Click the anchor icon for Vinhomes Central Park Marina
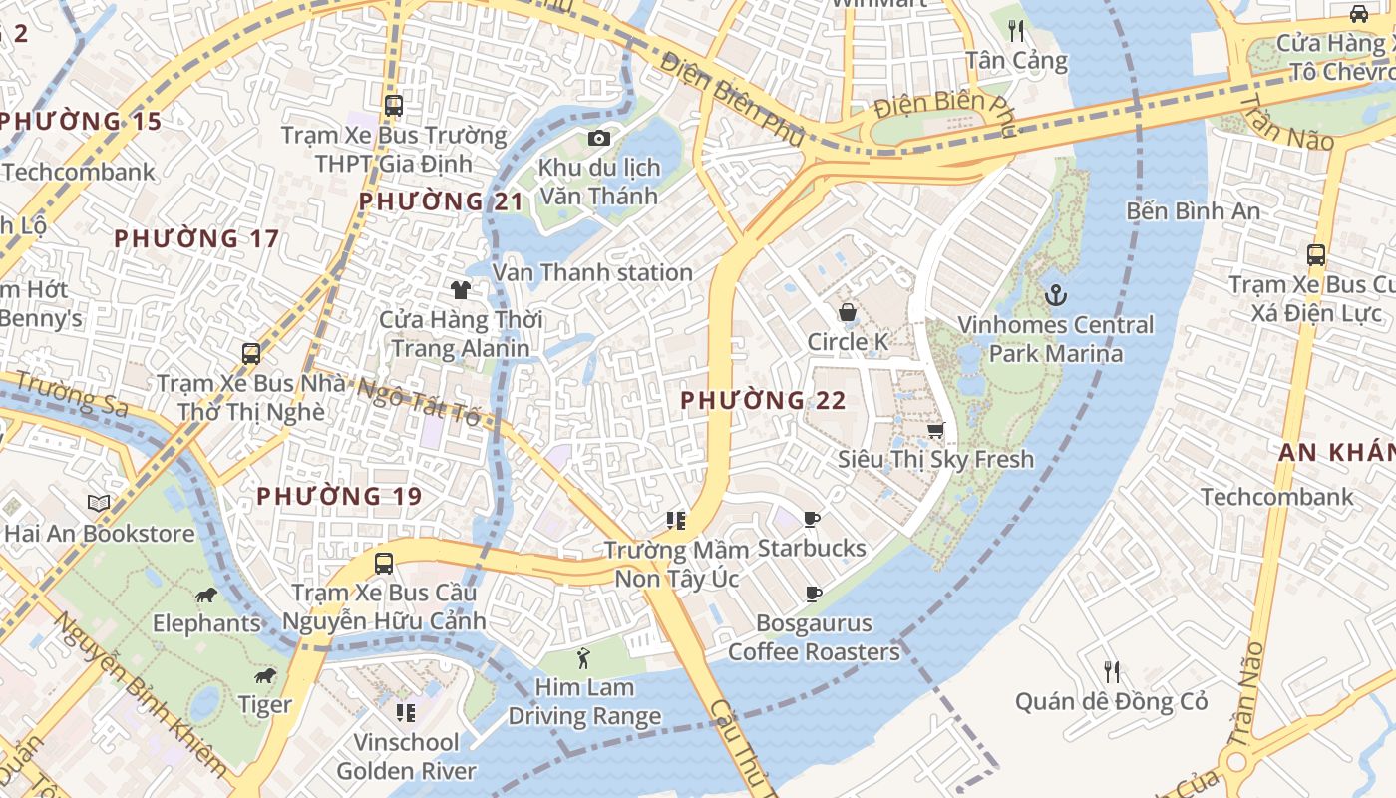pyautogui.click(x=1055, y=295)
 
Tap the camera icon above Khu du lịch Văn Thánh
pyautogui.click(x=598, y=138)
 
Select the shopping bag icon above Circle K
pyautogui.click(x=847, y=312)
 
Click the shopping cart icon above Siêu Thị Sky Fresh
pyautogui.click(x=935, y=430)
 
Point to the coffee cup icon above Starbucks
pyautogui.click(x=812, y=519)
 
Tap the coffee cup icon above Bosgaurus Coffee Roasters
pyautogui.click(x=814, y=595)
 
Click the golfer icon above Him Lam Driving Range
pyautogui.click(x=584, y=658)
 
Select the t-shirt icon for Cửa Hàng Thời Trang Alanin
pyautogui.click(x=460, y=290)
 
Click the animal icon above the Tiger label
pyautogui.click(x=265, y=676)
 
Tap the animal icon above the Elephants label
pyautogui.click(x=206, y=596)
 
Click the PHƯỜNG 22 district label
pyautogui.click(x=763, y=401)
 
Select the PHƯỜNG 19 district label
pyautogui.click(x=339, y=496)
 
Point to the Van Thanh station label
pyautogui.click(x=592, y=272)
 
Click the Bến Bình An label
pyautogui.click(x=1193, y=211)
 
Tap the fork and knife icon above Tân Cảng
pyautogui.click(x=1016, y=31)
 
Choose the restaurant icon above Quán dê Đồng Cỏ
pyautogui.click(x=1111, y=672)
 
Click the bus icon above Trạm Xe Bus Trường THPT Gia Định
pyautogui.click(x=394, y=105)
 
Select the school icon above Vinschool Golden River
pyautogui.click(x=406, y=712)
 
